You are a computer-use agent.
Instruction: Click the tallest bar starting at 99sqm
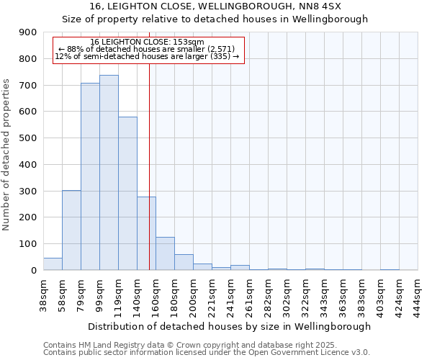tap(109, 173)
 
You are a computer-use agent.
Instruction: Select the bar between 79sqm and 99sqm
tap(90, 176)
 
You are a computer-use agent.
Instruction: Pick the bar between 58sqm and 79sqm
tap(71, 230)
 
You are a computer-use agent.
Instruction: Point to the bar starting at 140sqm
tap(146, 233)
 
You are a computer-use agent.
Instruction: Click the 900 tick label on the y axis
tap(28, 32)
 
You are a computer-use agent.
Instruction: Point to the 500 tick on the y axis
tap(28, 138)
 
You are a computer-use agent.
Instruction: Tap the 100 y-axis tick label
tap(28, 244)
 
